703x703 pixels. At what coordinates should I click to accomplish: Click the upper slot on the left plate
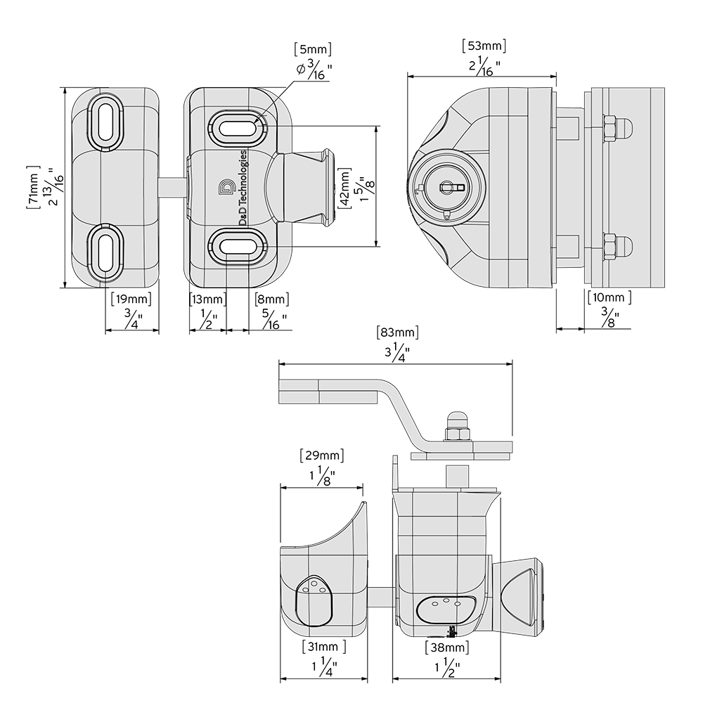click(x=104, y=122)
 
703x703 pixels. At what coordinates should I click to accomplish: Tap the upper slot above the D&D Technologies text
click(x=237, y=129)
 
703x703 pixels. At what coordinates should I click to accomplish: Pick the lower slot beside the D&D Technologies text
click(x=237, y=246)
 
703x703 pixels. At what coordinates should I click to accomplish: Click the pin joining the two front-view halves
click(x=172, y=187)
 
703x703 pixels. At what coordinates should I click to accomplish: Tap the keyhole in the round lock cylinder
click(x=448, y=187)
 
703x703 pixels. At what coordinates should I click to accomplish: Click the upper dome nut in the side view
click(x=617, y=128)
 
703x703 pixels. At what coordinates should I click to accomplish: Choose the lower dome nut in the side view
click(x=617, y=246)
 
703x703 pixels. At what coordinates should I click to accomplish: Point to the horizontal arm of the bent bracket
click(x=330, y=391)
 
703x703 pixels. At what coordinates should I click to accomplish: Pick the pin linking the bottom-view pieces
click(x=380, y=597)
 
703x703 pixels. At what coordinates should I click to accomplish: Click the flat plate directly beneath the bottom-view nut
click(x=460, y=456)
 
